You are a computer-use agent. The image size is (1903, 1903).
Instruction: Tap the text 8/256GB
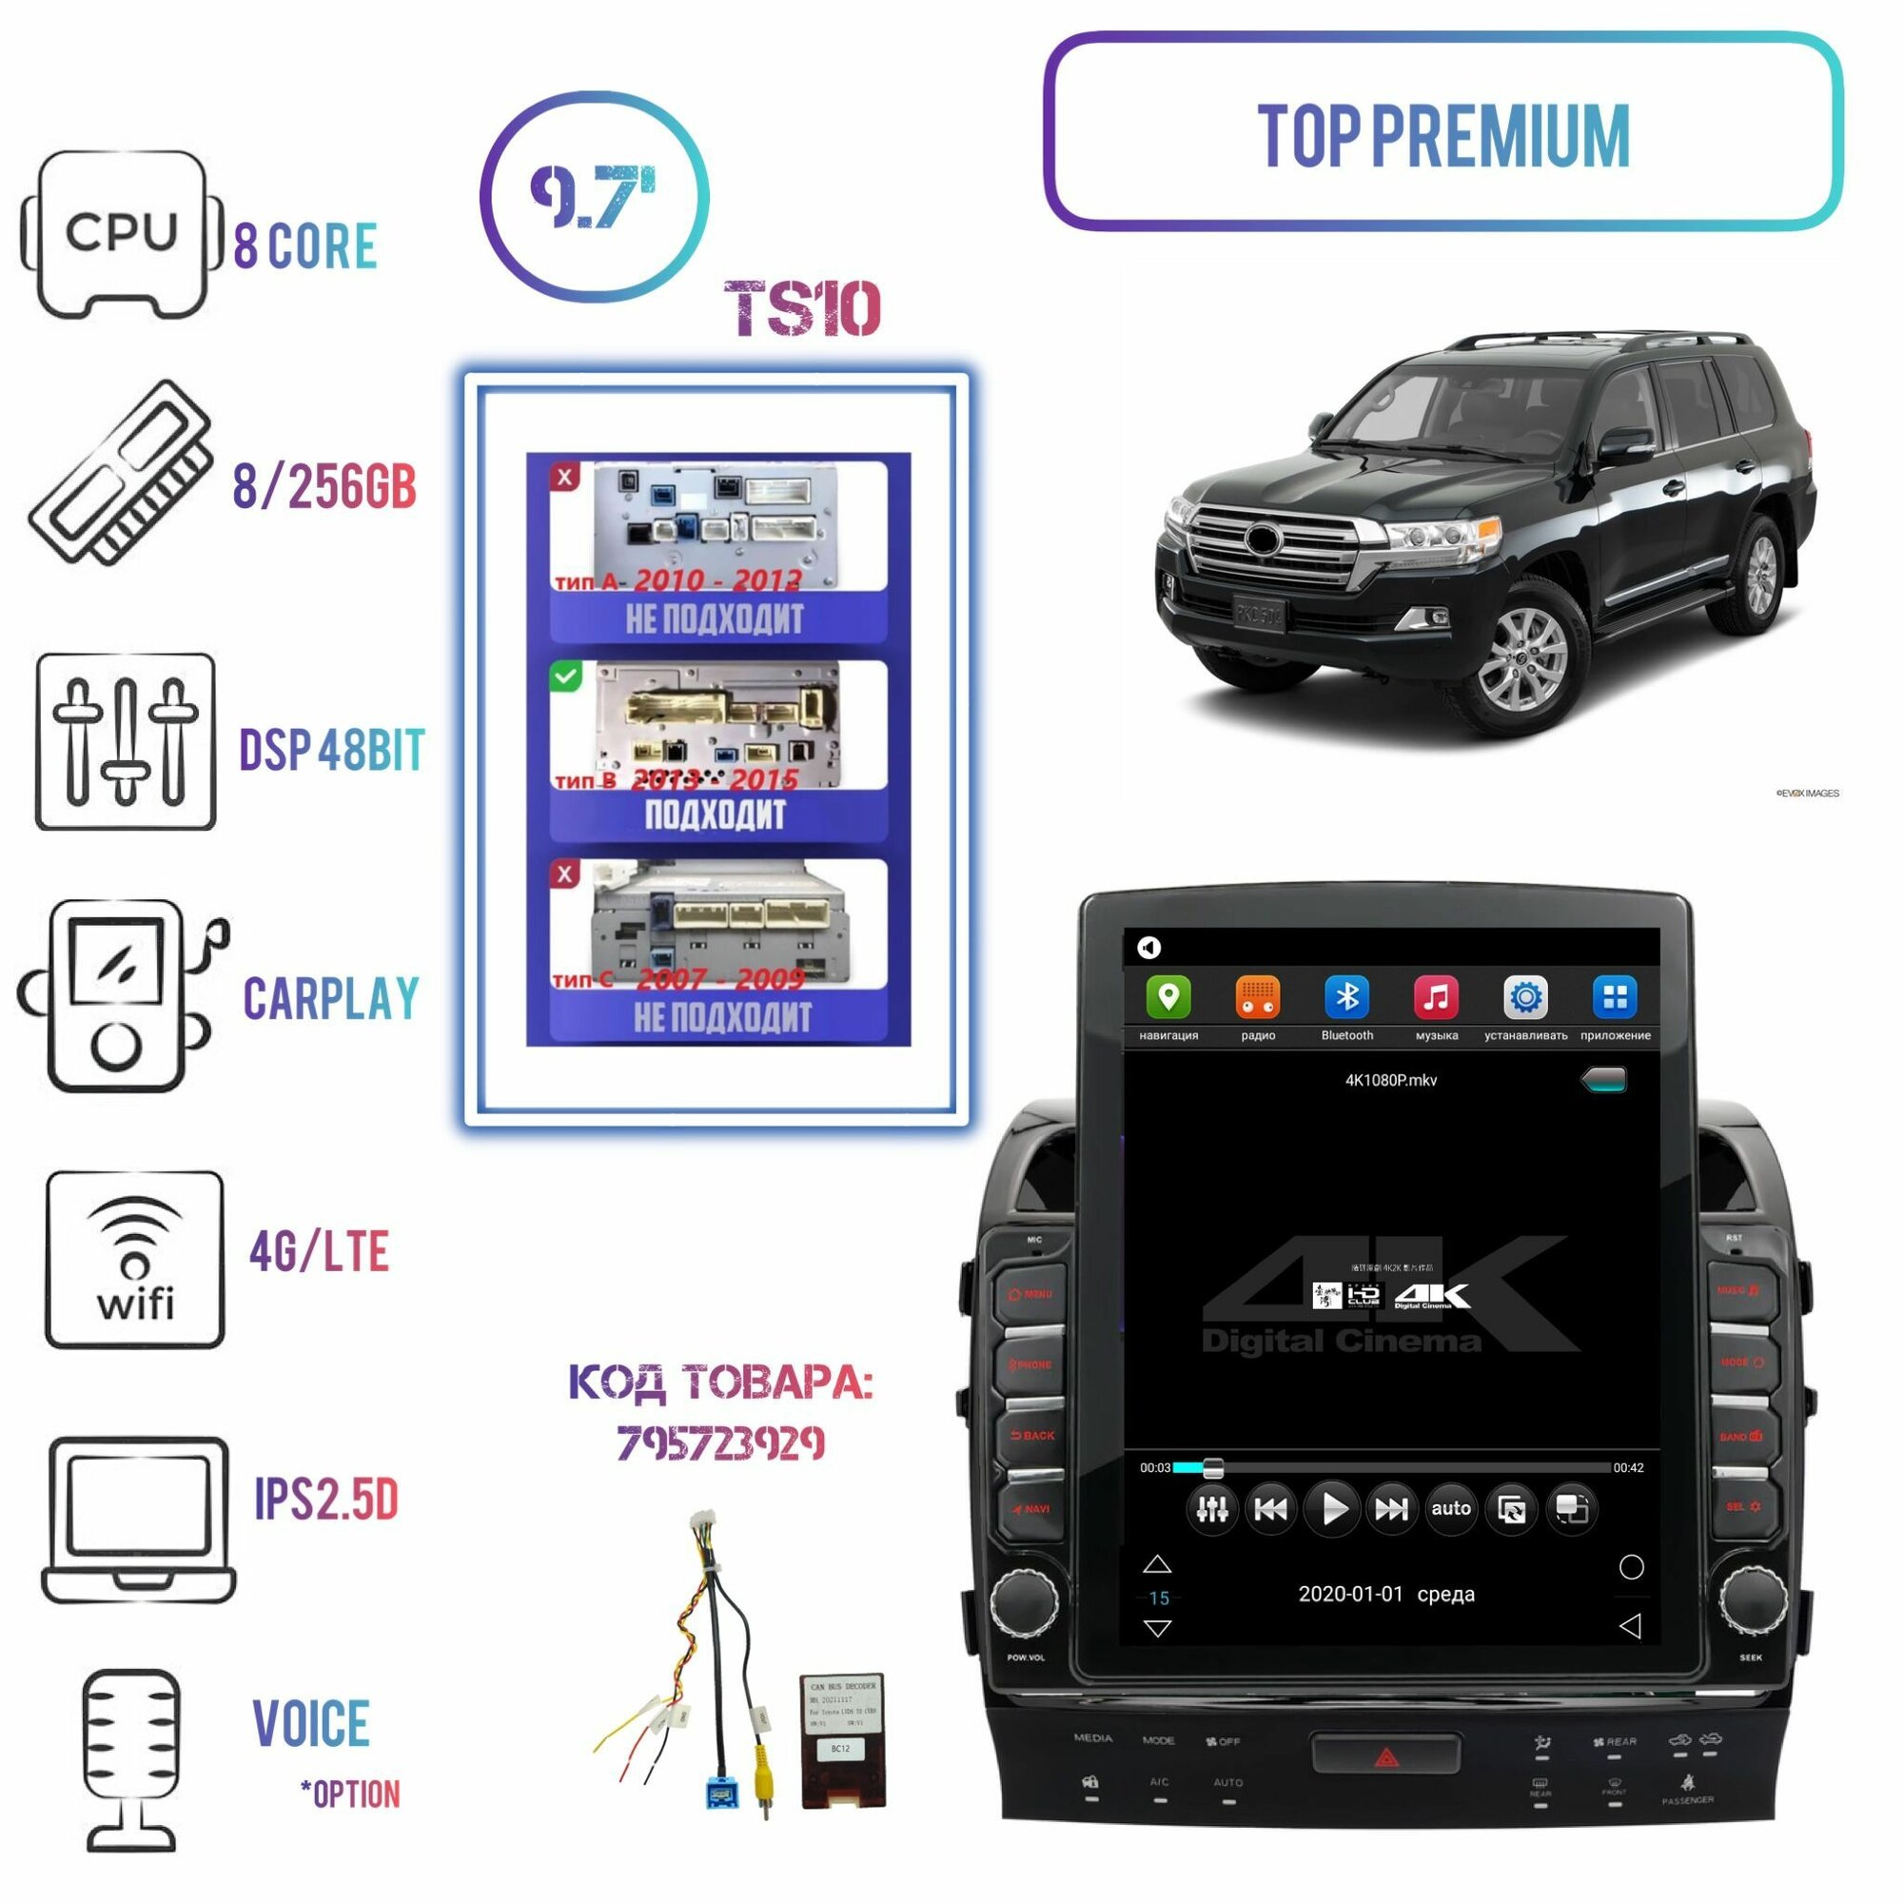point(324,485)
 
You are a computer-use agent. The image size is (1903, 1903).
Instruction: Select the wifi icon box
point(135,1259)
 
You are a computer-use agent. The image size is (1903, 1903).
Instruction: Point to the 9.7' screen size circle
point(594,197)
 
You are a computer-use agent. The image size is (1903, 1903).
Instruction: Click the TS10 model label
point(802,309)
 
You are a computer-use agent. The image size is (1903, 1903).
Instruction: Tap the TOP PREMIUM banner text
point(1443,135)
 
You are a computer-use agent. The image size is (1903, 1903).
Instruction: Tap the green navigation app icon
point(1168,998)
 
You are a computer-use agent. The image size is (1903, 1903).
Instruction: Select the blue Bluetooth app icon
point(1346,998)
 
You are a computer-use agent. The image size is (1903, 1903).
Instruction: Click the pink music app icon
point(1436,998)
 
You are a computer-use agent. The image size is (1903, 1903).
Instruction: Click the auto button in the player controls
point(1451,1509)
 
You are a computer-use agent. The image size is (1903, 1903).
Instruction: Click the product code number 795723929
point(720,1444)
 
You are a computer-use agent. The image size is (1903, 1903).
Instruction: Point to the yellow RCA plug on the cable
point(763,1781)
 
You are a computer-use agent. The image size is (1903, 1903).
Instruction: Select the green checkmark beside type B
point(565,676)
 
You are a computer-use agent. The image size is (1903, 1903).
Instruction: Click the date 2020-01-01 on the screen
point(1350,1594)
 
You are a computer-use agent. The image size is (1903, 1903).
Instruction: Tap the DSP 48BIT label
point(332,751)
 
